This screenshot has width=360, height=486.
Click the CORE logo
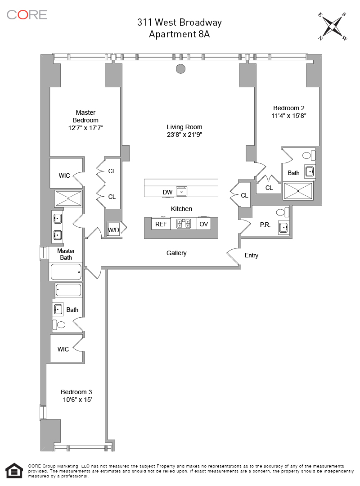tap(27, 14)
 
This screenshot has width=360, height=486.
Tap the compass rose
tap(332, 27)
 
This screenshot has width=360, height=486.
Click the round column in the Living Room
tap(180, 69)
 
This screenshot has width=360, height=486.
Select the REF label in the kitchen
tap(161, 224)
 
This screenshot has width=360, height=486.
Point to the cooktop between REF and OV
tap(184, 224)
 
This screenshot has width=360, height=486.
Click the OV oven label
tap(204, 224)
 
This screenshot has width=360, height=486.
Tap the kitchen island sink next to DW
tap(182, 192)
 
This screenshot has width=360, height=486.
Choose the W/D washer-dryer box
tap(113, 229)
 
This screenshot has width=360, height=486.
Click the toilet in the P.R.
tap(282, 212)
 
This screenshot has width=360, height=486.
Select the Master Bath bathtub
tap(66, 272)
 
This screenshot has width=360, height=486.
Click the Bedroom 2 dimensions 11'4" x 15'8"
tap(289, 116)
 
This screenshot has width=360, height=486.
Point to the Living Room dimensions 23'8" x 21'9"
tap(184, 135)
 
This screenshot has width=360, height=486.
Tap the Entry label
tap(252, 256)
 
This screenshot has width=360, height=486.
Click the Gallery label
tap(176, 253)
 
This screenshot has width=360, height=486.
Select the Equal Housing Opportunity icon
tap(14, 471)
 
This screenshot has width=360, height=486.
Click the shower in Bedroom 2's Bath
tap(298, 191)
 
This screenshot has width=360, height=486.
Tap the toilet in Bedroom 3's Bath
tap(59, 324)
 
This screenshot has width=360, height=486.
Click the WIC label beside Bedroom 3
tap(63, 349)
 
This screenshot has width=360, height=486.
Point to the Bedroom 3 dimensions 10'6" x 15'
tap(77, 400)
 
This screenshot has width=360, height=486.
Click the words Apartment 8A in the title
tap(179, 34)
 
